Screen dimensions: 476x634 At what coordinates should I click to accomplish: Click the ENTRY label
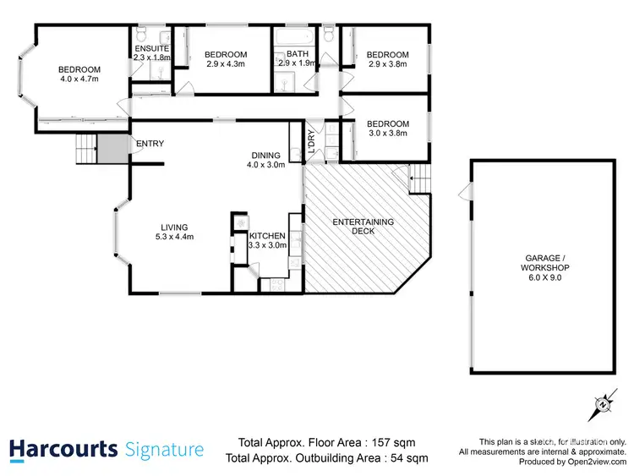point(150,144)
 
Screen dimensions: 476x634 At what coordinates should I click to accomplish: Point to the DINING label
point(267,155)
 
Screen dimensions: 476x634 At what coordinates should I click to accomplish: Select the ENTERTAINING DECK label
point(363,227)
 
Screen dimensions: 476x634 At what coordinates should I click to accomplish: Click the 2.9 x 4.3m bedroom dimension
point(226,63)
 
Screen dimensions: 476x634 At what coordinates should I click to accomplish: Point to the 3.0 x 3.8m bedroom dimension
point(388,133)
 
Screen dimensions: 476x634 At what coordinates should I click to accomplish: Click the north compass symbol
point(604,403)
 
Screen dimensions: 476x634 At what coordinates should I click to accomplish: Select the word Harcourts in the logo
point(63,450)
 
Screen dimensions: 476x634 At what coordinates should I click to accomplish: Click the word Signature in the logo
point(164,450)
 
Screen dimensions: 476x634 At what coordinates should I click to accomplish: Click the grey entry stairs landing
point(111,150)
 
